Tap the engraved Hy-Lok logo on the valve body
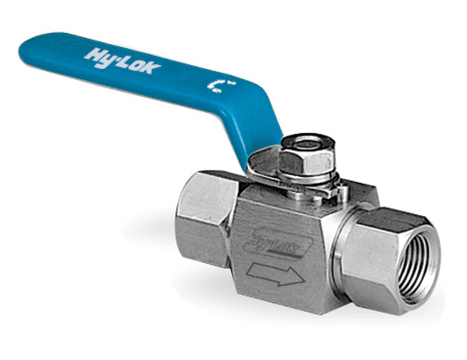(x=264, y=244)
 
